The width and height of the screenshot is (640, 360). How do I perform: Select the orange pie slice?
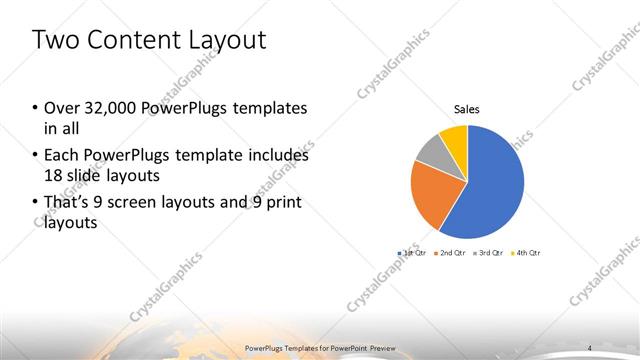pyautogui.click(x=432, y=195)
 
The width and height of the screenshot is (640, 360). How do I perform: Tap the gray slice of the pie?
pyautogui.click(x=429, y=153)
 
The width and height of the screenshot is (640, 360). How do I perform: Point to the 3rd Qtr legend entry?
pyautogui.click(x=488, y=253)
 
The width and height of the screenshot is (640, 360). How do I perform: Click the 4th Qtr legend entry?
pyautogui.click(x=526, y=253)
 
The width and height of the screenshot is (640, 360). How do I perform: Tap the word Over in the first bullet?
pyautogui.click(x=62, y=108)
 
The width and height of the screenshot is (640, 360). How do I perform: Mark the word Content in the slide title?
pyautogui.click(x=134, y=41)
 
